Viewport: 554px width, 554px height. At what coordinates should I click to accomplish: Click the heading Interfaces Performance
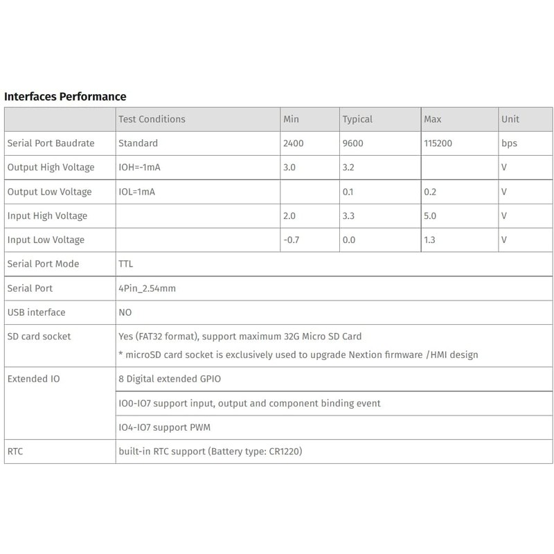pos(65,96)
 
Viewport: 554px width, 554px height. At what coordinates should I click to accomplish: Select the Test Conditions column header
pos(152,119)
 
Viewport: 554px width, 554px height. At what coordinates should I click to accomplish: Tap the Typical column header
pos(357,119)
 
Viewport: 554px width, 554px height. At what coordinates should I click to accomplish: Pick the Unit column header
pos(510,119)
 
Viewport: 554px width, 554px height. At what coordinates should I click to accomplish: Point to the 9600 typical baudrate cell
pos(354,143)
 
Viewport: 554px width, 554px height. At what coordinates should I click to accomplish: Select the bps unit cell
pos(509,143)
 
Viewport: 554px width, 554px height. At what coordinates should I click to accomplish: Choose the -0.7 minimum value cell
pos(293,240)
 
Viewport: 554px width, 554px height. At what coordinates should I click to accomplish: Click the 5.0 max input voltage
pos(430,216)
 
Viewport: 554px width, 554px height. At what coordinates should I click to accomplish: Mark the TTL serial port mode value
pos(127,264)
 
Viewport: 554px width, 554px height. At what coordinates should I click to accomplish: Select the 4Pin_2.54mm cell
pos(148,288)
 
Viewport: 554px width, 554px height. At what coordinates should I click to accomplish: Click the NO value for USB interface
pos(125,312)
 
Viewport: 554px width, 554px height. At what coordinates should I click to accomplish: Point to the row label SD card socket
pos(39,337)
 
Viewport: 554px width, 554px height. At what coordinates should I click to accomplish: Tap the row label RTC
pos(15,452)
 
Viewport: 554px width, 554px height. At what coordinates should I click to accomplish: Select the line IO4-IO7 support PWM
pos(166,427)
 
